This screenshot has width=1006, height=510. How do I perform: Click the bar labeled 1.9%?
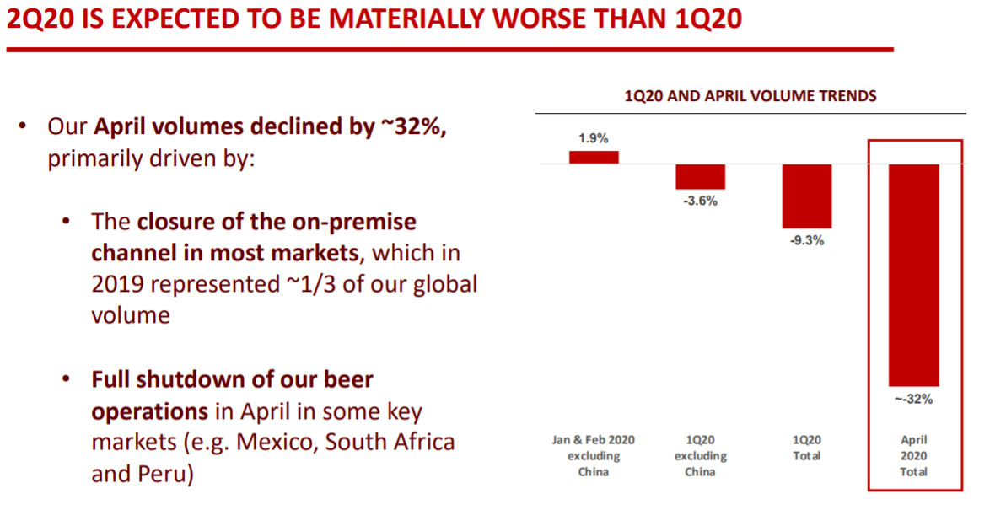point(594,157)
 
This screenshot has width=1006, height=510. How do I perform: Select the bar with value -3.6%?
point(700,176)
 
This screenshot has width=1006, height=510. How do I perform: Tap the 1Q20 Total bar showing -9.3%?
point(806,196)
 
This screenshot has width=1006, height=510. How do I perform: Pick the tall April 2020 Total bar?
point(913,275)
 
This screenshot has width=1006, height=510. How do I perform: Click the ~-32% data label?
point(913,399)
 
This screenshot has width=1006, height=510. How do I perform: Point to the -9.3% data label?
point(807,241)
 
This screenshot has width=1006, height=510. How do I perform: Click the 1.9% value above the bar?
point(594,138)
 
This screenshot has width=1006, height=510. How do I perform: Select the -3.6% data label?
point(701,201)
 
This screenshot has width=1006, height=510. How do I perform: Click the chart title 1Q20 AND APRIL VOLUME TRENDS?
point(750,96)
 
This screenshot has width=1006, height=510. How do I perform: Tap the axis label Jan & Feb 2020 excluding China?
point(594,455)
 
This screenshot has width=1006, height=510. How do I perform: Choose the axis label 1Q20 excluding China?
point(700,455)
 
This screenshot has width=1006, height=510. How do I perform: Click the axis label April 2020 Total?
point(913,455)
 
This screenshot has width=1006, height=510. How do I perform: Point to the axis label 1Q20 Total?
point(806,448)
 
